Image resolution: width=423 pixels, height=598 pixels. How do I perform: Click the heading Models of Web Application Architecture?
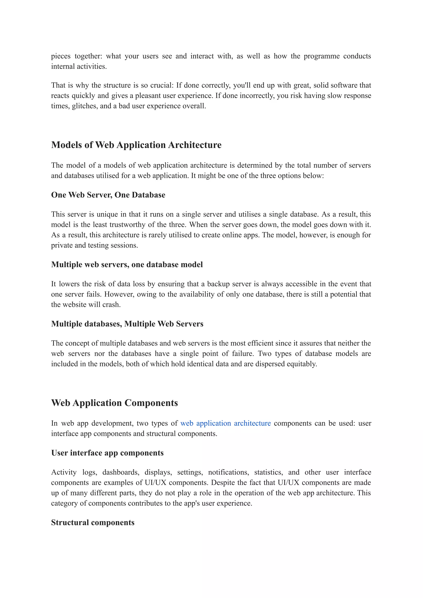[x=136, y=145]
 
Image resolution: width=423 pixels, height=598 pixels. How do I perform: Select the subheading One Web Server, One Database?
[x=108, y=195]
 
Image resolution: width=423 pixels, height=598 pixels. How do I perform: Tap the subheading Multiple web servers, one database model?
[x=127, y=264]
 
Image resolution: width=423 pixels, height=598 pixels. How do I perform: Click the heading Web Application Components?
[x=114, y=403]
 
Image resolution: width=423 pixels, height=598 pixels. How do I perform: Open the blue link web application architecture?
[x=226, y=423]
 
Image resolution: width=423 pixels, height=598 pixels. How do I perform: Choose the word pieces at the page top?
[x=61, y=56]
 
